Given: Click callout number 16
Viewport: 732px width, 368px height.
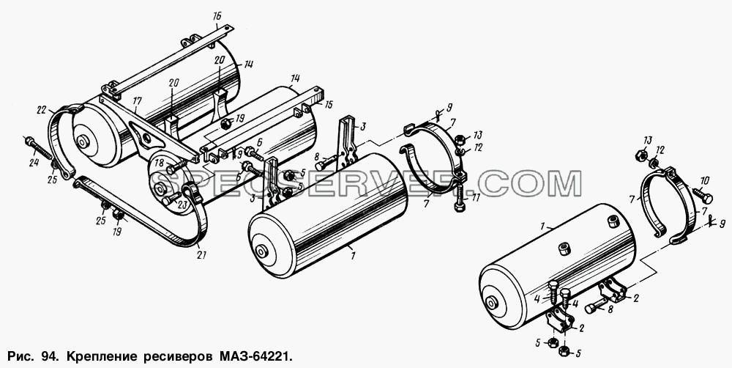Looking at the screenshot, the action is (217, 16).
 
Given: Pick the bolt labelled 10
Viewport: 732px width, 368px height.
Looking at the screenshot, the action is (702, 196).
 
